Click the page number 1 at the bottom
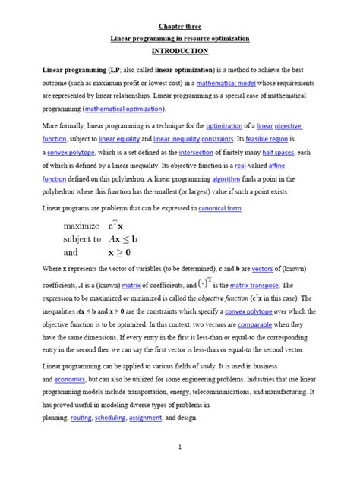(180, 447)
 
